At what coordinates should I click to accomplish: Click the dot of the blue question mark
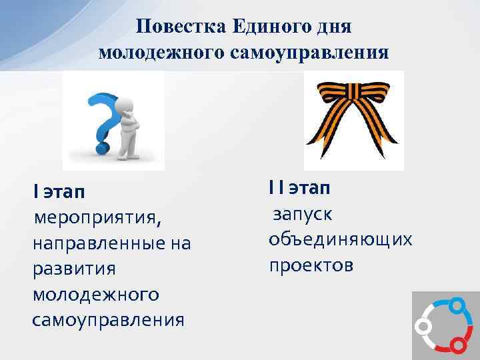[x=103, y=143]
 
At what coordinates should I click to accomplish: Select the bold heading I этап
[x=59, y=192]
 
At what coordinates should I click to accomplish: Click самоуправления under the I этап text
[x=107, y=319]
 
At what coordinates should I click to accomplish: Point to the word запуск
[x=302, y=214]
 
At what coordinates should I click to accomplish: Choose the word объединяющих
[x=340, y=239]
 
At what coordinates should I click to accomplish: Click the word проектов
[x=311, y=265]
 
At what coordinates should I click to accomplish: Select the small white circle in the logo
[x=421, y=326]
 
